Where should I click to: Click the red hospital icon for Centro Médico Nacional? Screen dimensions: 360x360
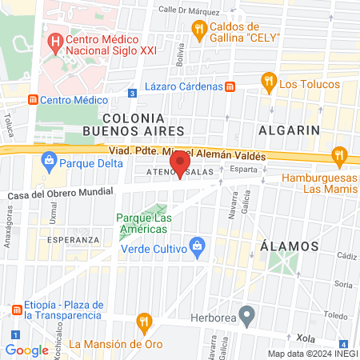55,42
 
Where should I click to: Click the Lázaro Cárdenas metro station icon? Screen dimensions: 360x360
230,86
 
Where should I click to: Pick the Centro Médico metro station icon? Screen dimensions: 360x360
33,100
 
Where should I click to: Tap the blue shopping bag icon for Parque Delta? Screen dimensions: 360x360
49,160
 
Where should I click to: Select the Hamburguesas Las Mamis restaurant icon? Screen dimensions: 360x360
339,155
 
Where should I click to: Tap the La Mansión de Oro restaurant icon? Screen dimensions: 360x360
144,322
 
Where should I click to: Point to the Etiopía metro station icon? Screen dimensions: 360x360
16,310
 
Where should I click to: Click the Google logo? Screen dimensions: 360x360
26,350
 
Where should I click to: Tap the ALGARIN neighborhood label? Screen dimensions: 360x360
290,130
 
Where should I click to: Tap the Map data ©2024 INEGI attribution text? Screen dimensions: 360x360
313,354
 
